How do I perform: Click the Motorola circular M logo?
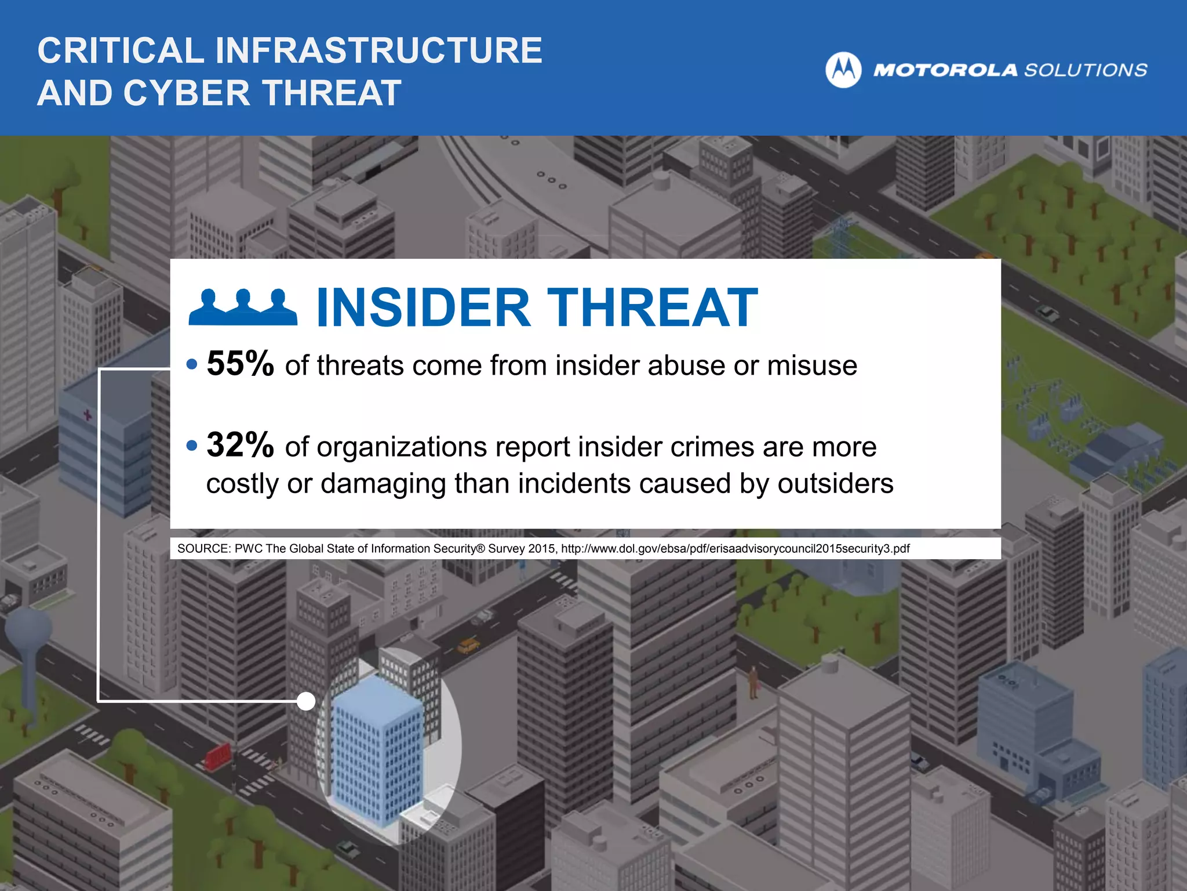pos(843,70)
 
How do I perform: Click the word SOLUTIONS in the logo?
pos(1086,70)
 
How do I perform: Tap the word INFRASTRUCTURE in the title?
pos(379,50)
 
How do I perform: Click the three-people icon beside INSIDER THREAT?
pos(243,307)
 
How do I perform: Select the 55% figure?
pos(240,364)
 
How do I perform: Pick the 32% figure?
pos(240,445)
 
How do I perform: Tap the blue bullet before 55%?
pos(192,365)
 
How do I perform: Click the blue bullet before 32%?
pos(192,446)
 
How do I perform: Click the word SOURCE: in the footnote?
pos(203,549)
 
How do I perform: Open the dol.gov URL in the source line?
pos(735,549)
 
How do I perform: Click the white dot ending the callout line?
pos(305,701)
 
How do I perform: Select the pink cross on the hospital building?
pos(88,415)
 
